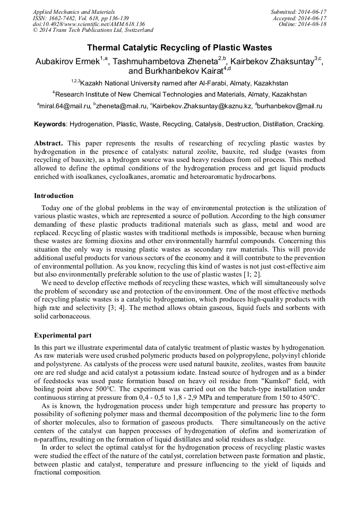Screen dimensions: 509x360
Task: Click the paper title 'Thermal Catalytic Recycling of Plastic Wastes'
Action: click(179, 48)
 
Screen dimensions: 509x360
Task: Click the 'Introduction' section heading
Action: click(54, 196)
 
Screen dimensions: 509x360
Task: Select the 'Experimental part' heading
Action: click(63, 335)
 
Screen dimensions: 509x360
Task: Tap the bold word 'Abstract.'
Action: click(48, 144)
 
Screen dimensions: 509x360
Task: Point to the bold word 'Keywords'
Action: click(50, 124)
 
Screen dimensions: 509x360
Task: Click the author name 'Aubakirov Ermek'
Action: click(67, 62)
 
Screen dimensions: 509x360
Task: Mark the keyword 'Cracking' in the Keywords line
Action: click(310, 124)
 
